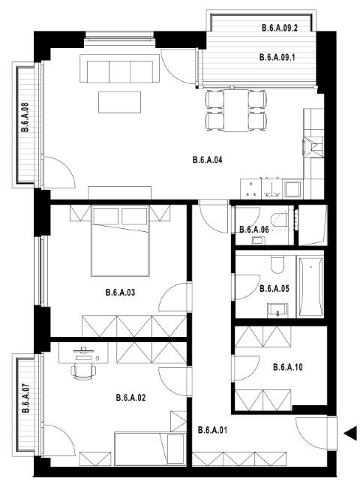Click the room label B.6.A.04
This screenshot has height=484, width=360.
point(207,160)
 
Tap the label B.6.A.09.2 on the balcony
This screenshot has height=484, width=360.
point(280,28)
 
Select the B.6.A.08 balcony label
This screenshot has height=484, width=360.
point(25,117)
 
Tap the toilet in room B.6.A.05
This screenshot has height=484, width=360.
point(277,265)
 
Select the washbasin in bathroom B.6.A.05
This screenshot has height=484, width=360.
point(277,310)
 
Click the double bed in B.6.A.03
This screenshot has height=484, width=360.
point(120,240)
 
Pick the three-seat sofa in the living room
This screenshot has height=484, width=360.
point(119,68)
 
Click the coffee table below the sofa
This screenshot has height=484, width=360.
point(120,102)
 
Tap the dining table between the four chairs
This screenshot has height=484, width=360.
point(236,110)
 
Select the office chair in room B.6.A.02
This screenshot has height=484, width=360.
point(83,371)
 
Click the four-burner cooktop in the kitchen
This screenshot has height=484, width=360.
point(250,189)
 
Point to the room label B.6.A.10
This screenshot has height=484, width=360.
point(288,368)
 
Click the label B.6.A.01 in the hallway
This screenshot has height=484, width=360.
point(212,430)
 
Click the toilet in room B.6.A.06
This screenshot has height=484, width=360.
point(279,220)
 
